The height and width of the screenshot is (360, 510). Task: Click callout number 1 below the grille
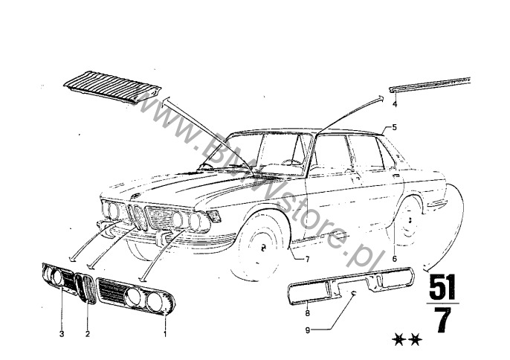point(165,334)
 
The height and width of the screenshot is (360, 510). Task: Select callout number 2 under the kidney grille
point(88,334)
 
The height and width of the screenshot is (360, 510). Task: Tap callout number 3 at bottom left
point(62,334)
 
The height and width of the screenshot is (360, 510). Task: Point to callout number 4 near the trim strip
point(395,104)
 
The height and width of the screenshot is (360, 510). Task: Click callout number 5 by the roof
point(395,127)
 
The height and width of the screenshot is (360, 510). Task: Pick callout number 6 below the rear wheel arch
point(395,259)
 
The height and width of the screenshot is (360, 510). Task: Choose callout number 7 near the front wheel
point(307,260)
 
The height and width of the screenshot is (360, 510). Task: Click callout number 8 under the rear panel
point(307,313)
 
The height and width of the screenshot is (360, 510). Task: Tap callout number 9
point(308,330)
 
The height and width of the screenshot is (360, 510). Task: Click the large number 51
point(442,287)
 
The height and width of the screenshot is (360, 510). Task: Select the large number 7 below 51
point(443,320)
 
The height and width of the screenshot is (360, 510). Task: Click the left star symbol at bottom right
point(398,340)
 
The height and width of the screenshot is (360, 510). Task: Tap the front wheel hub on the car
point(263,248)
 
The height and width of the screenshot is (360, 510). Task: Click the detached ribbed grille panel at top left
point(112,87)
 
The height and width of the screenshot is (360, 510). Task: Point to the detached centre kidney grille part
point(85,289)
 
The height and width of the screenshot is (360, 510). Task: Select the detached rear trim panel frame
point(351,286)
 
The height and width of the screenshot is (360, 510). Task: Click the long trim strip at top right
point(430,85)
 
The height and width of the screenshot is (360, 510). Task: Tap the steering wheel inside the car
point(291,161)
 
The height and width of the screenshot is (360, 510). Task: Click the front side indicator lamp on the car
point(213,216)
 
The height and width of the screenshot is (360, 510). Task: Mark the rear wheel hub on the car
point(409,219)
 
